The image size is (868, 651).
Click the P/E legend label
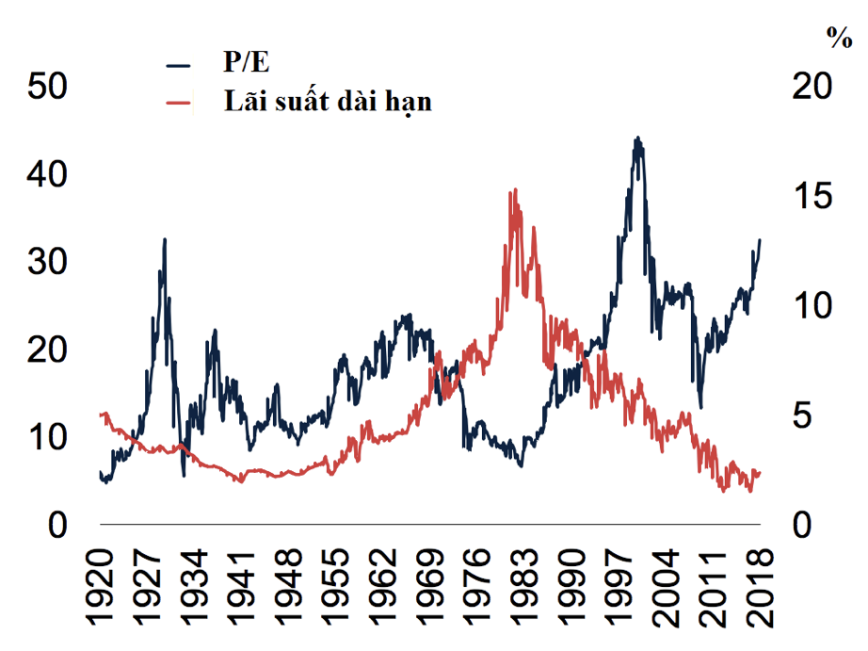pos(247,65)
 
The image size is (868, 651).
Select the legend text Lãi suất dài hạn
pos(328,101)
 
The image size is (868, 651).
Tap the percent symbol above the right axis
pos(838,38)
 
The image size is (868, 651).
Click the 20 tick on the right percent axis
pos(812,86)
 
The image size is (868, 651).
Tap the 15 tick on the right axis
pos(812,196)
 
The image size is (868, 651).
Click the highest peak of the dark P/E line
pos(637,138)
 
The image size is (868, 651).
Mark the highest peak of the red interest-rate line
pos(513,190)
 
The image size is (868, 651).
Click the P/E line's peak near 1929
pos(165,239)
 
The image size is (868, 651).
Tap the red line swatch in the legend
pos(178,102)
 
